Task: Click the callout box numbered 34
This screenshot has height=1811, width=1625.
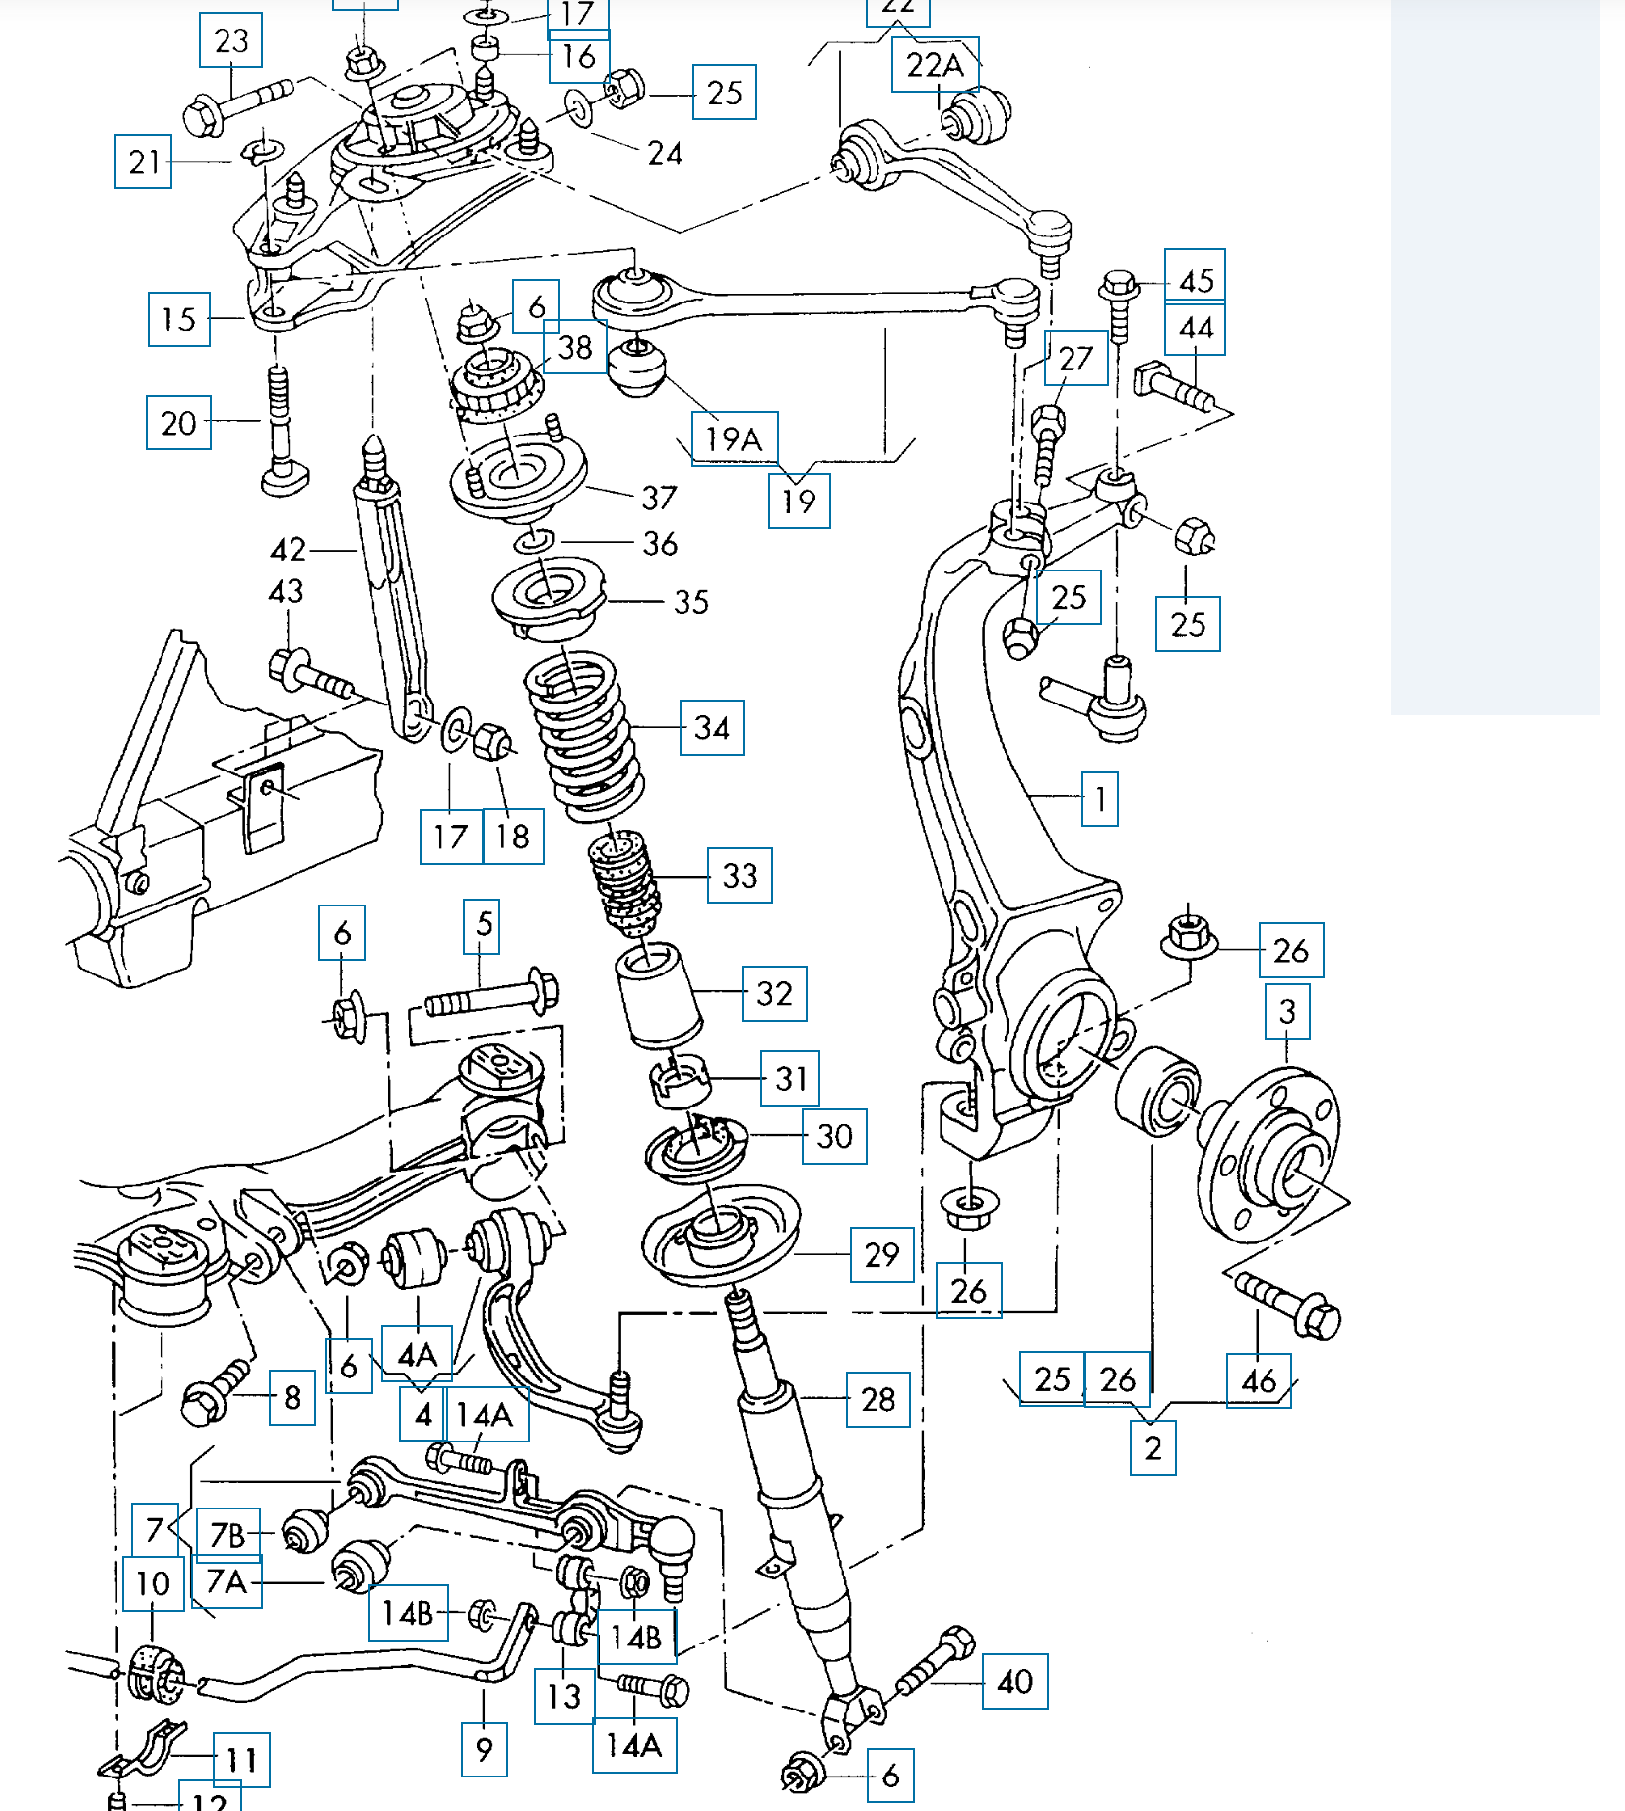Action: [711, 727]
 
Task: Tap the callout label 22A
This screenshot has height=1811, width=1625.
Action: [935, 65]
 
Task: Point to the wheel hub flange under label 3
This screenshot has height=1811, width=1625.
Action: [1270, 1153]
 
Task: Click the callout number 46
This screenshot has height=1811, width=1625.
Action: [1258, 1380]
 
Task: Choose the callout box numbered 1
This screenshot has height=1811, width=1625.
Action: [1099, 798]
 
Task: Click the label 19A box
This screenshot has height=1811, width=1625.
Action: [735, 438]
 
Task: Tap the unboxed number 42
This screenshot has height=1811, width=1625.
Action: [288, 549]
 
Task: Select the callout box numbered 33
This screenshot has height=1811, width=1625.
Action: [740, 875]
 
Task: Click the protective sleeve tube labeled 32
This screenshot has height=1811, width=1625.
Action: [658, 995]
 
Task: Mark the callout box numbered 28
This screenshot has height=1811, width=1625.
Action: [877, 1399]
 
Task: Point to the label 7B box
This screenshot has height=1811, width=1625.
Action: [228, 1534]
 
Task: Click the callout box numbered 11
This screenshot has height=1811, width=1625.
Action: [241, 1760]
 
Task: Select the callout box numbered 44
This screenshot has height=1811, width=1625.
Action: [1195, 328]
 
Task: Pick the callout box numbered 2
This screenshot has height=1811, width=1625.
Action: [1152, 1447]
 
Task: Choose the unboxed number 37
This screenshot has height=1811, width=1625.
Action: [659, 498]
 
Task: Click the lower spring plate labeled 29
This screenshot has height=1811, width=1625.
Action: [719, 1237]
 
